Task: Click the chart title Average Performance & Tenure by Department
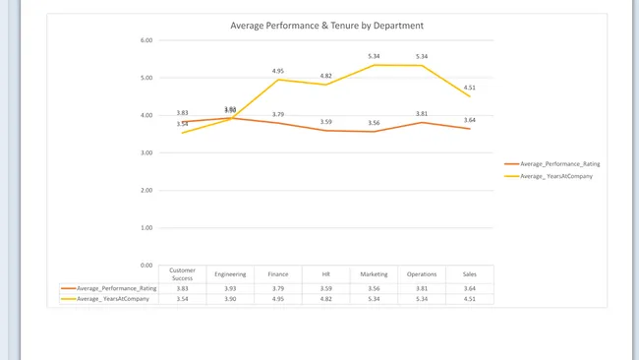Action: [x=327, y=26]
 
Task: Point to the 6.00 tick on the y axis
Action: [x=145, y=40]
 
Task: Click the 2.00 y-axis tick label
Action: [x=145, y=190]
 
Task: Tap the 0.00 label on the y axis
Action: [x=145, y=265]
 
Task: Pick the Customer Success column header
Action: [x=182, y=274]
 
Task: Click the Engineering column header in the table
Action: [x=230, y=274]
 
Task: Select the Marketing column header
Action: [x=374, y=274]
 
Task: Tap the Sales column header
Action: [x=470, y=274]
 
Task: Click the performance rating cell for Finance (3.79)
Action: [x=278, y=288]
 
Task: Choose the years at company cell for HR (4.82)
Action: [x=326, y=298]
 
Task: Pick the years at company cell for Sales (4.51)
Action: [x=470, y=298]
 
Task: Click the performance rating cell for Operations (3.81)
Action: [x=422, y=288]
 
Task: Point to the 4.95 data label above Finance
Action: [x=278, y=71]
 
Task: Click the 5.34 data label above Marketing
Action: [x=374, y=56]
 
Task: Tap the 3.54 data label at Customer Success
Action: [x=182, y=124]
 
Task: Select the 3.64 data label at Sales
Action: [x=470, y=120]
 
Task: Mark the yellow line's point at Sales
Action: [x=470, y=96]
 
